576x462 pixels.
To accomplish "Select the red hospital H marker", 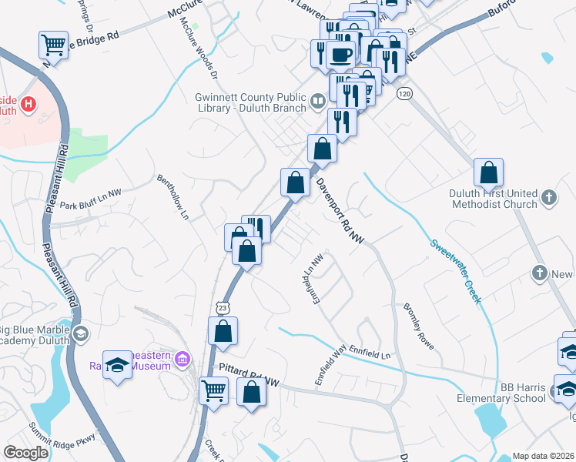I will coord(28,103).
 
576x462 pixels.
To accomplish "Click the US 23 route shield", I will coord(222,307).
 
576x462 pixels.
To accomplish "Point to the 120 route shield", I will coord(404,93).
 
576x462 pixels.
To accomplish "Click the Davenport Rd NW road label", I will coord(339,211).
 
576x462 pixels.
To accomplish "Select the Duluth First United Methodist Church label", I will coord(494,199).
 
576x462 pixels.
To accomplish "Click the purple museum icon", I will coord(182,359).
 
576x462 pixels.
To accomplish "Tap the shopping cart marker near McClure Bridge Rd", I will coord(53,45).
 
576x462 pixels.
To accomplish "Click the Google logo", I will coord(25,453).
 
